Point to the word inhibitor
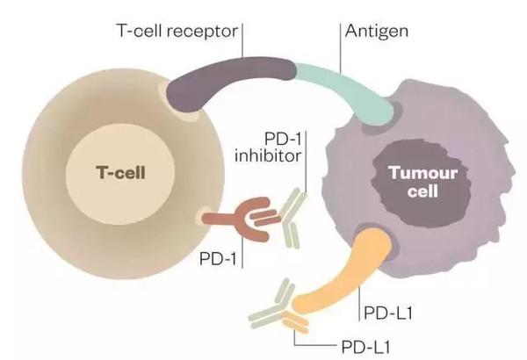[270, 159]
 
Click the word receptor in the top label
[209, 30]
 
